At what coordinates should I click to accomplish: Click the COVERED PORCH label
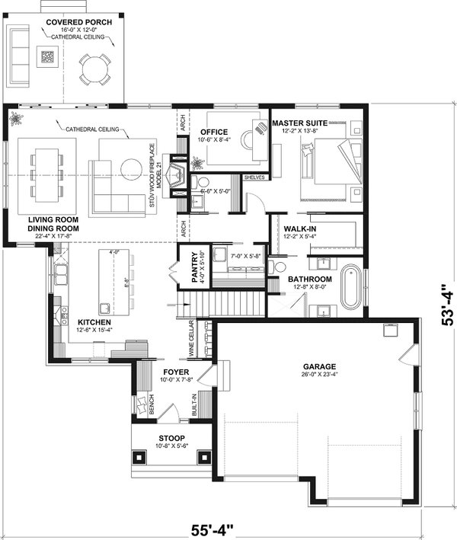78,22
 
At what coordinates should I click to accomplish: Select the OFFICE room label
214,132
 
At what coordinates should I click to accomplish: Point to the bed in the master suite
328,161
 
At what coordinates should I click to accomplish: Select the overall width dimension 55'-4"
212,526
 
